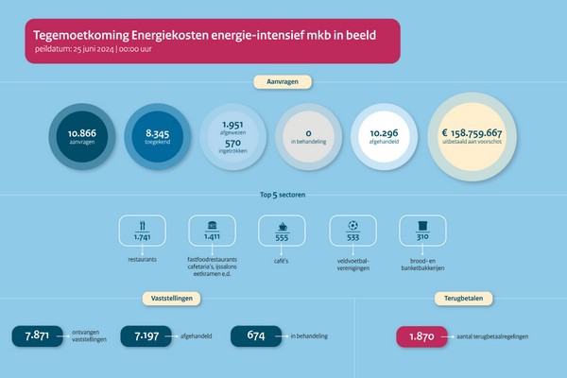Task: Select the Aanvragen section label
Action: [283, 82]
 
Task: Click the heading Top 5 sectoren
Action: [283, 196]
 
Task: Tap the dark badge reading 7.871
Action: [36, 335]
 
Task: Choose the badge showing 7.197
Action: [146, 335]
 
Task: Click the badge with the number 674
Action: [255, 335]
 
